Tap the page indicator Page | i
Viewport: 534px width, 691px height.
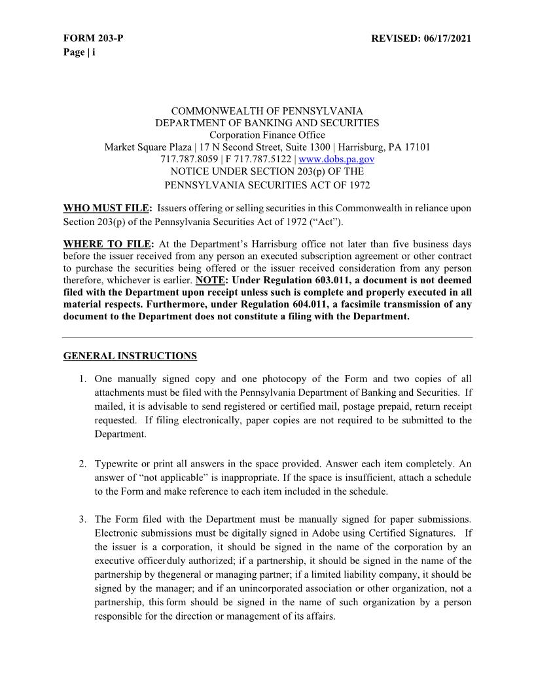coord(79,52)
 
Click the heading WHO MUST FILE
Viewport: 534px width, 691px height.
coord(106,209)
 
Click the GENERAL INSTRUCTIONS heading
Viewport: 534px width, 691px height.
coord(130,356)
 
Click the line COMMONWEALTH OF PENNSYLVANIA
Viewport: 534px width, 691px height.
coord(267,111)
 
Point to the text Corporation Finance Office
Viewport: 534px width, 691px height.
coord(267,135)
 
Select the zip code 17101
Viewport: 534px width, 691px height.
coord(416,147)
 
